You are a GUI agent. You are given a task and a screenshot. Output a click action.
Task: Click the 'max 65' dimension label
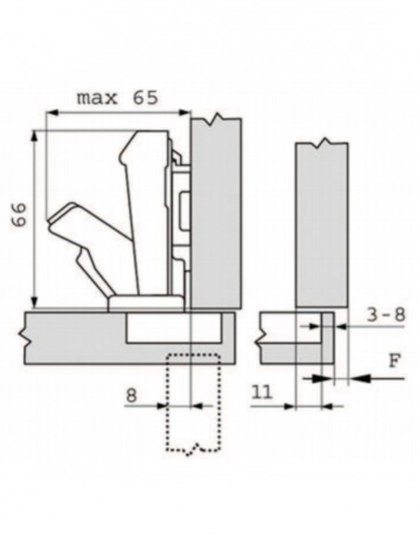click(x=118, y=98)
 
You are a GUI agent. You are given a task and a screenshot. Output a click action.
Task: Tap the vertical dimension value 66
click(x=19, y=215)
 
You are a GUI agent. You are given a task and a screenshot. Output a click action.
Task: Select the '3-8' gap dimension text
click(x=386, y=315)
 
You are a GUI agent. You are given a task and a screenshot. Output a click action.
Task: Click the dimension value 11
click(x=262, y=392)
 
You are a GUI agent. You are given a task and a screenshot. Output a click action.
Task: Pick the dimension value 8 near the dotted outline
click(x=131, y=396)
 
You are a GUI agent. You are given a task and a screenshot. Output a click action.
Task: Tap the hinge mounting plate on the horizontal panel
click(x=146, y=303)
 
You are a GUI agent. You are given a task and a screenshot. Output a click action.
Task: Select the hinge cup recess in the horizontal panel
click(x=173, y=327)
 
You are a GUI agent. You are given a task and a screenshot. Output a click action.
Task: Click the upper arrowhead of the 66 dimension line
click(x=34, y=135)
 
